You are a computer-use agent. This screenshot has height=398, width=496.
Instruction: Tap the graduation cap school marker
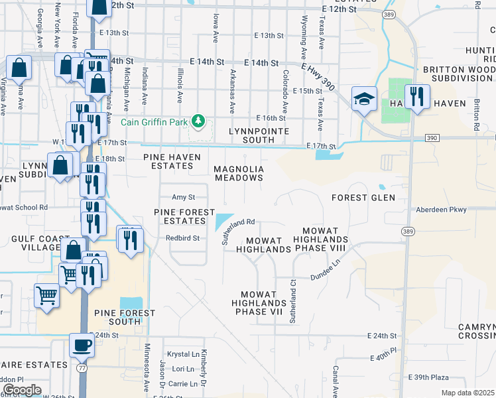[364, 99]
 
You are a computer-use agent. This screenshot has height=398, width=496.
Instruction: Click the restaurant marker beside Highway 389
[417, 97]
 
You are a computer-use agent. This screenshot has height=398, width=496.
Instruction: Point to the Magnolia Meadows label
[239, 173]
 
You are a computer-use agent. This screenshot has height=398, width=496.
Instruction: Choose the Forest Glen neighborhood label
[363, 198]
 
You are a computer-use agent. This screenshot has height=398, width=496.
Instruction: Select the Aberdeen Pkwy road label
[442, 209]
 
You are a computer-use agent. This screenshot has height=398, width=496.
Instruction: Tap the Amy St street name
[183, 197]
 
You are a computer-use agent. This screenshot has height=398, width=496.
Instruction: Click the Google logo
[22, 390]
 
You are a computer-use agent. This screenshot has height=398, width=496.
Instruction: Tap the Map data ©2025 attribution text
[467, 393]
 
